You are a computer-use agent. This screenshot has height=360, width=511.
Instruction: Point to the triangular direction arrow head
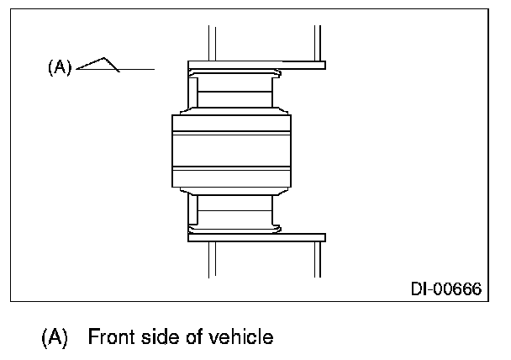coord(104,64)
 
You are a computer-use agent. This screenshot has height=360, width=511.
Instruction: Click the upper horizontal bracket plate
coord(255,64)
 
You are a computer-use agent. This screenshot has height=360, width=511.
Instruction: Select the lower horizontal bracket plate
coord(255,238)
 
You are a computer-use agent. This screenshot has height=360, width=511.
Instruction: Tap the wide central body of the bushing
coord(232,152)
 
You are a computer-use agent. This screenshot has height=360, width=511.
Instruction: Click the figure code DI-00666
coord(445,289)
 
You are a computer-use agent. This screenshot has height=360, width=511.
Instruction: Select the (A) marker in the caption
coord(55,338)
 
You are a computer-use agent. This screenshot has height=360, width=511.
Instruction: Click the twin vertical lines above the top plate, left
coord(212,43)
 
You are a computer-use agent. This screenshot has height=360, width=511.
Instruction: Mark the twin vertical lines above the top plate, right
coord(319,43)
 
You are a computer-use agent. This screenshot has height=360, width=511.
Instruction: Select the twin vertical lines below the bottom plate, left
coord(212,258)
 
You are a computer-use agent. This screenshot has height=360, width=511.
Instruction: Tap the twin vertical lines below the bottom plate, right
coord(319,258)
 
